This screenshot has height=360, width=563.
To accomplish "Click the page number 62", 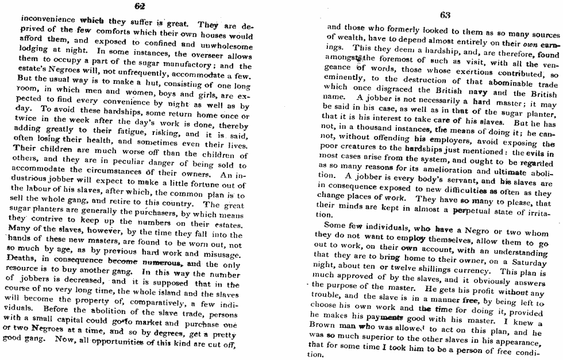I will [x=139, y=6].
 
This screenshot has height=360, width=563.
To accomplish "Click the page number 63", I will [x=444, y=15].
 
